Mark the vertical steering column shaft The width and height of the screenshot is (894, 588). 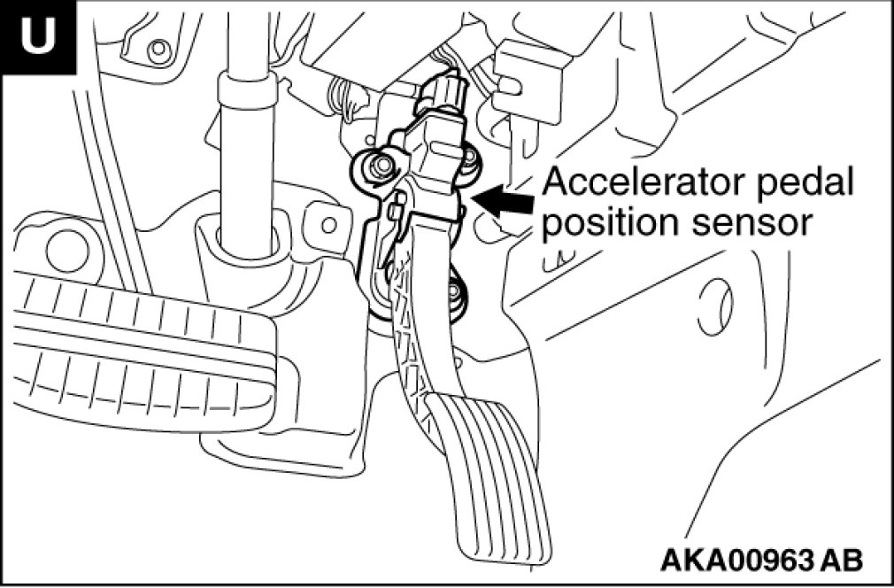(x=244, y=159)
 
